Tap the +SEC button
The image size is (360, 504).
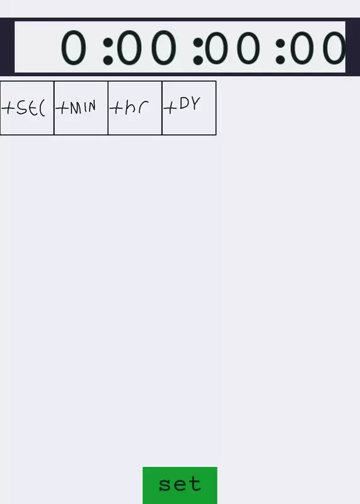(27, 108)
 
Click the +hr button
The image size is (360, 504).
(135, 108)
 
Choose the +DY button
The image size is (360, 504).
(189, 108)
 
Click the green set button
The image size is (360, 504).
(180, 485)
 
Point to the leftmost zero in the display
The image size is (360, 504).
(74, 48)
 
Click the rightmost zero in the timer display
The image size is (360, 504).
(334, 48)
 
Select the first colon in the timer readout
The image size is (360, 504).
(108, 51)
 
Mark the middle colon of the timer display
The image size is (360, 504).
(198, 51)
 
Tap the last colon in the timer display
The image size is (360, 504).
(280, 52)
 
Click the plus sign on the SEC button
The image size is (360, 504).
(8, 108)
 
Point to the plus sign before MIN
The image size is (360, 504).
(62, 108)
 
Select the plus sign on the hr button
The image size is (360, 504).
(116, 108)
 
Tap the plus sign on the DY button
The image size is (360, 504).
(170, 108)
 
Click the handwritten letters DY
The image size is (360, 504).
(190, 103)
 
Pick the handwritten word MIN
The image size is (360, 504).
(83, 107)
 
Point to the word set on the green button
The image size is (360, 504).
(180, 484)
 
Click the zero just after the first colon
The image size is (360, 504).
(129, 48)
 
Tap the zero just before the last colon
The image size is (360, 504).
(248, 48)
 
